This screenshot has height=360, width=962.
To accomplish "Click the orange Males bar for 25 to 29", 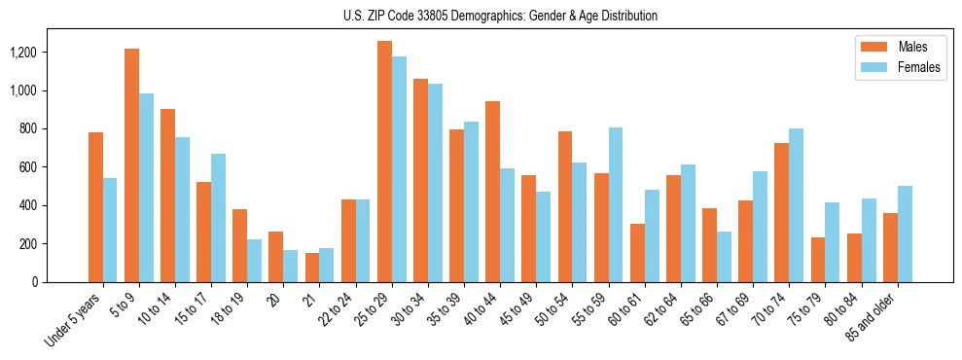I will click(384, 162).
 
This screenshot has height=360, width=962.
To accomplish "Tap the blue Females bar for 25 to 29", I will click(399, 169).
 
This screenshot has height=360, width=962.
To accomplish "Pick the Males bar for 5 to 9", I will click(131, 165).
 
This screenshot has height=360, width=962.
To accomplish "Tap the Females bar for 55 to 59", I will click(616, 204).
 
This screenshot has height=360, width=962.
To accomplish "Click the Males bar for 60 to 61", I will click(637, 253).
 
